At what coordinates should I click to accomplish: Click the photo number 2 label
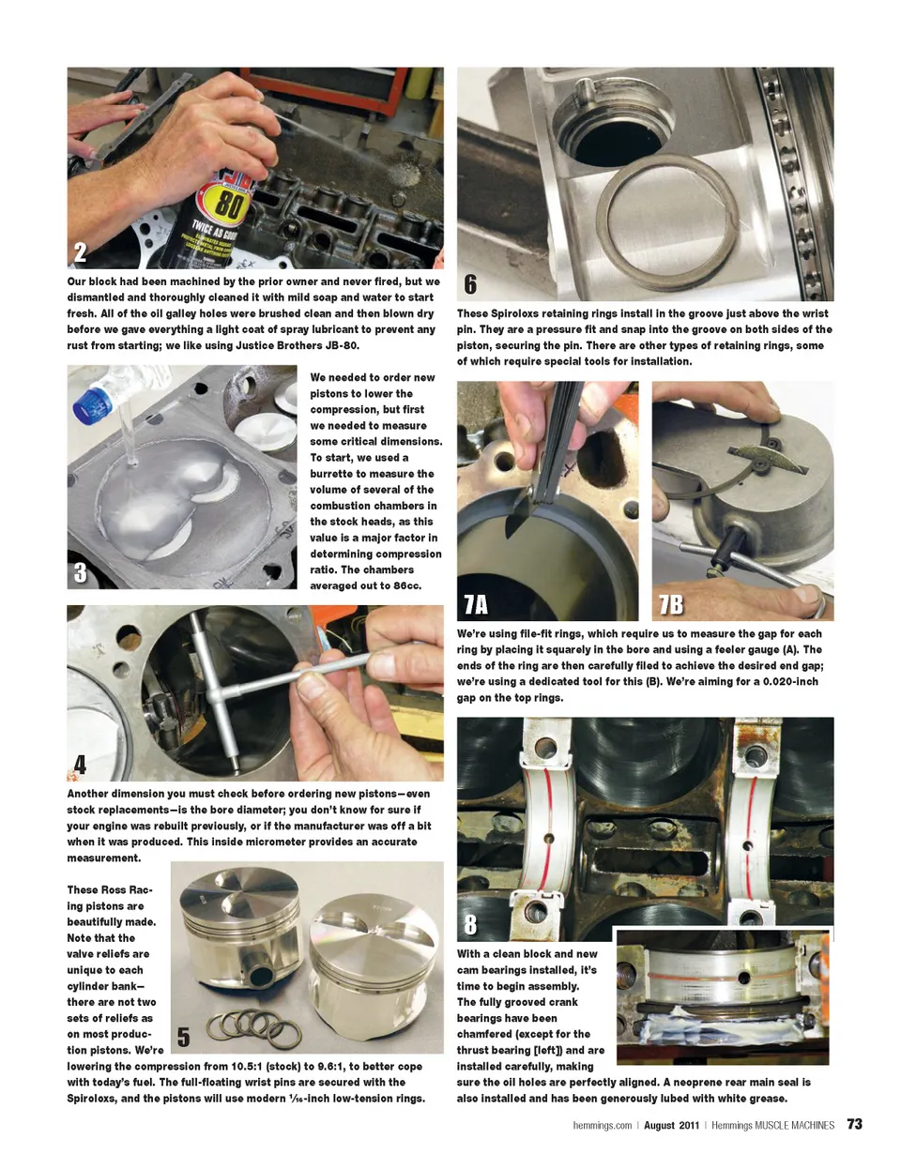click(x=80, y=252)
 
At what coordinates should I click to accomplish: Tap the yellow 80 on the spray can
click(x=228, y=205)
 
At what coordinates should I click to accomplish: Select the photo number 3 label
click(x=80, y=572)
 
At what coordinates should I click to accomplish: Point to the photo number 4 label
click(x=80, y=765)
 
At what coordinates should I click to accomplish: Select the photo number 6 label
click(x=470, y=284)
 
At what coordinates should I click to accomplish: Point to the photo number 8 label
click(x=470, y=924)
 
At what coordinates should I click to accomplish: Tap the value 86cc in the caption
click(x=407, y=585)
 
